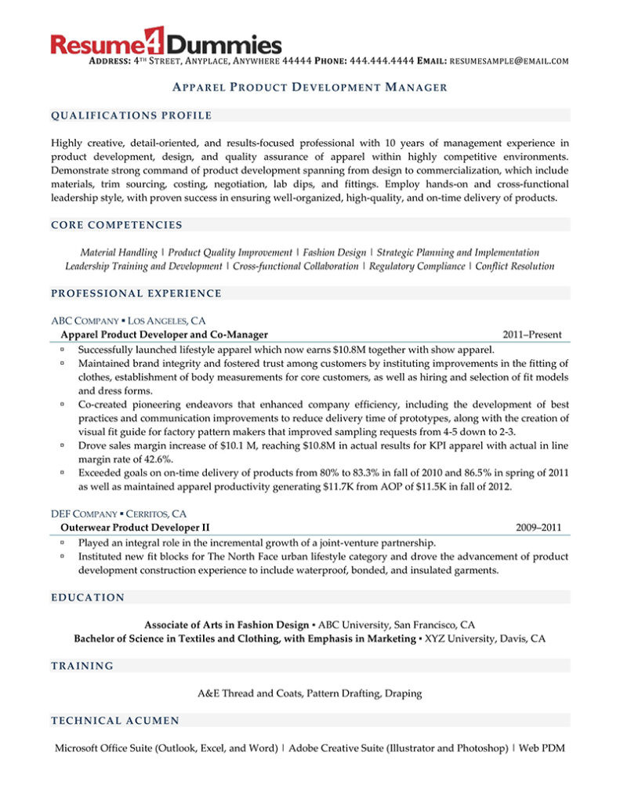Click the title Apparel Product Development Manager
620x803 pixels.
310,87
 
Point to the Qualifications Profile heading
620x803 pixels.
131,116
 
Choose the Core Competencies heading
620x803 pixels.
117,225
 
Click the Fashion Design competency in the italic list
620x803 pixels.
335,253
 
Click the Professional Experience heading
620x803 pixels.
136,293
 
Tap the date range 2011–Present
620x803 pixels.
532,335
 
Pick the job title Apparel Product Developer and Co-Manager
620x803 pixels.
164,335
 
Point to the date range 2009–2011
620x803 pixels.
538,528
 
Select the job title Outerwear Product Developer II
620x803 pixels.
135,528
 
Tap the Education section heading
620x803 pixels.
88,598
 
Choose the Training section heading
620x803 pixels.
82,666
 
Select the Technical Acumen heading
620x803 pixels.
115,721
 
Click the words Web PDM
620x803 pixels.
542,748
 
